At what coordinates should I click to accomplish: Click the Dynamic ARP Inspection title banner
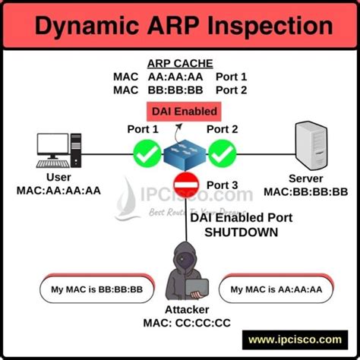click(179, 27)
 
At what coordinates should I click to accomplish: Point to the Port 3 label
click(222, 185)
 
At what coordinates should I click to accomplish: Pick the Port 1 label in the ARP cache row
click(232, 77)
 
